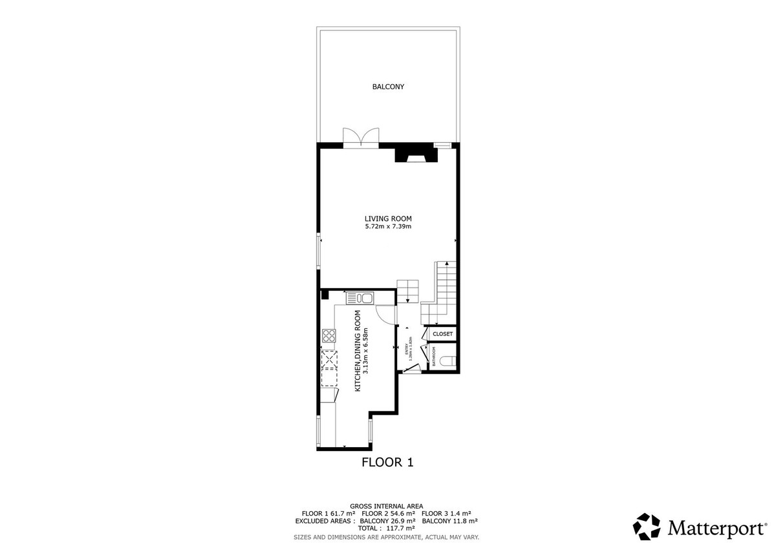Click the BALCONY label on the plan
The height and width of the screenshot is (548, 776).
point(388,87)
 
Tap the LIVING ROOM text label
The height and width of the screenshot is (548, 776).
point(388,218)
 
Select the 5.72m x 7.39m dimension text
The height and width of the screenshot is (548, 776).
point(388,227)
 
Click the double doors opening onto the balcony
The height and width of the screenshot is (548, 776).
point(361,138)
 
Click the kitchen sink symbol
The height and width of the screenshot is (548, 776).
point(360,298)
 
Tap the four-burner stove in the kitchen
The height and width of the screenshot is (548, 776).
point(329,335)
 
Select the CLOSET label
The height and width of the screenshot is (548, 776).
point(442,334)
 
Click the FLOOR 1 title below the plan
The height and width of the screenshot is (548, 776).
point(387,463)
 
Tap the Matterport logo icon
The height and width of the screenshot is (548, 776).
point(647,527)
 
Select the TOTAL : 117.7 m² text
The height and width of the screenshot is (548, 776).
point(387,529)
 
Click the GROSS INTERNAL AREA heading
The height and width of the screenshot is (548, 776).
point(387,505)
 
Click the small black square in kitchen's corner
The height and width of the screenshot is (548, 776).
point(325,295)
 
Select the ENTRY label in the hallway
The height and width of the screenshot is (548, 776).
point(407,350)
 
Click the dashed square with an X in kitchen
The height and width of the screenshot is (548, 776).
point(329,358)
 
